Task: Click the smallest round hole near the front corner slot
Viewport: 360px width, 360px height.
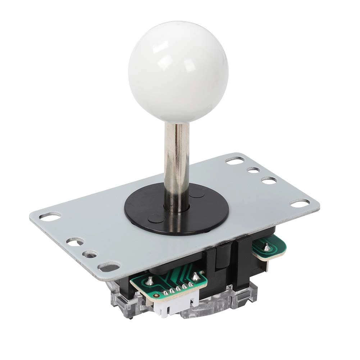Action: click(x=87, y=255)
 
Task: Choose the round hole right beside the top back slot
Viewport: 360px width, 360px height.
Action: click(x=254, y=170)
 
